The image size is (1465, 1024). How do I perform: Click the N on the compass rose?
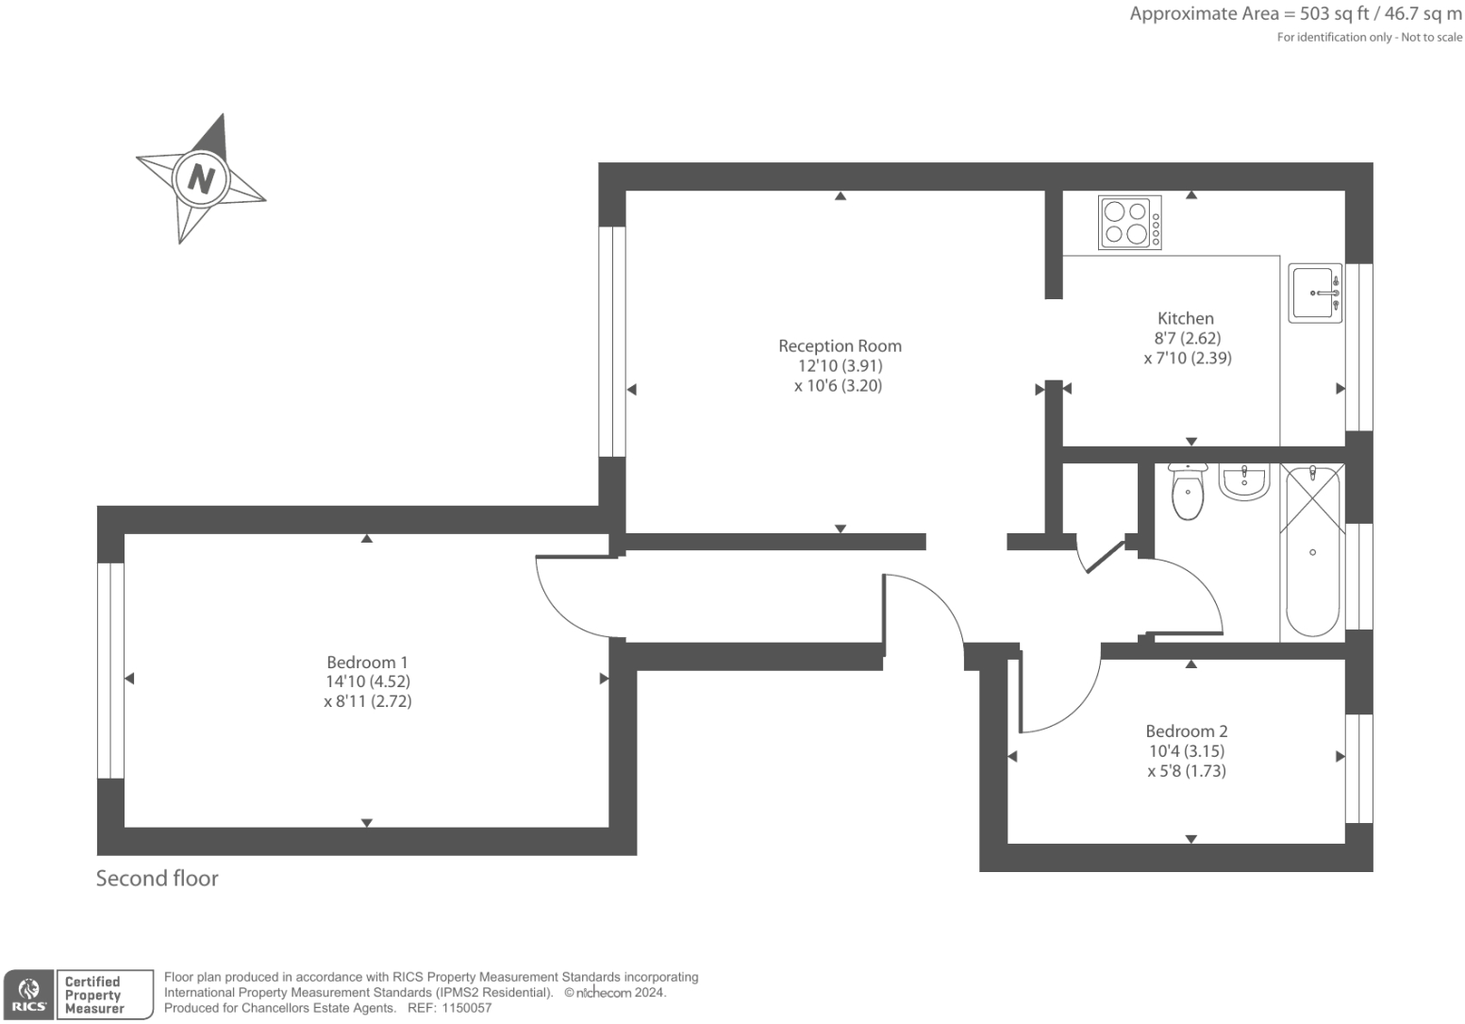point(201,177)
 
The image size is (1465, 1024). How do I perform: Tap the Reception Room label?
point(840,346)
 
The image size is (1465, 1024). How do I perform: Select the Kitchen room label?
point(1186,319)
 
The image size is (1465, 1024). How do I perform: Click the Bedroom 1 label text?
point(367,663)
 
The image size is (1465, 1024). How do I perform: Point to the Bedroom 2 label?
point(1187,731)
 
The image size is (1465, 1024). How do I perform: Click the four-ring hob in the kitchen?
point(1129,223)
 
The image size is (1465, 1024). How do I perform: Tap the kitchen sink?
point(1315,293)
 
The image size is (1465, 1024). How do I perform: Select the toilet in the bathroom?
point(1188,491)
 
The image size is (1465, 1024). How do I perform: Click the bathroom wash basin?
point(1244,480)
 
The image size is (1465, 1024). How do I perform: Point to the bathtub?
point(1312,552)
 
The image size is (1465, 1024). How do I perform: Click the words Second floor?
point(158,879)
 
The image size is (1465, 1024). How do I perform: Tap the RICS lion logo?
point(28,994)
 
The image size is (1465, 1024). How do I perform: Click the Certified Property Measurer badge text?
point(93,995)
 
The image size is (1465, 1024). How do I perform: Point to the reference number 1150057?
point(462,1008)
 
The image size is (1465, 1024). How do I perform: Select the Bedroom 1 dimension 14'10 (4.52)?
point(367,681)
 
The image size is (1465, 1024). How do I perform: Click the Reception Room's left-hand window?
point(612,342)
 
